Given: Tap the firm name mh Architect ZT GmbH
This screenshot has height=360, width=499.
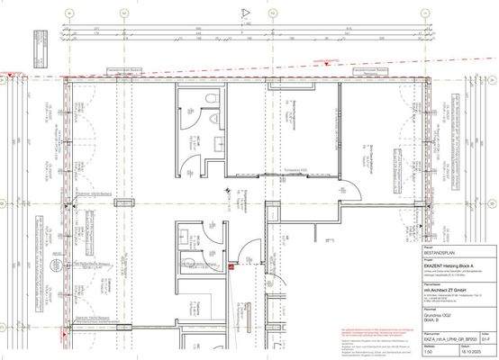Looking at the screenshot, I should (366, 291).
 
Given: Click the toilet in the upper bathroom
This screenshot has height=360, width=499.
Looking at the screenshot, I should (206, 98).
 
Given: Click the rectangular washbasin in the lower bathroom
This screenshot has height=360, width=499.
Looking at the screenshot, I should (189, 262).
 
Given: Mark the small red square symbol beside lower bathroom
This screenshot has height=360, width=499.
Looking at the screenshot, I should (231, 266).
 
